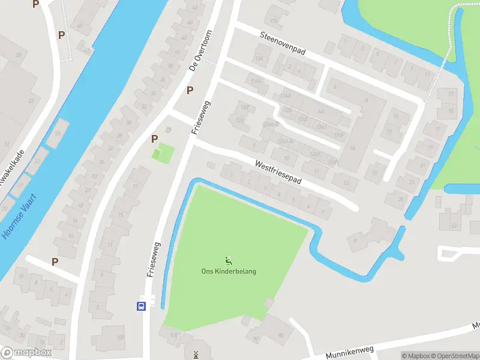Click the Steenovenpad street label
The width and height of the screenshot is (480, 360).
pyautogui.click(x=283, y=44)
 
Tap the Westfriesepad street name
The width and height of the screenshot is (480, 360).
pyautogui.click(x=278, y=172)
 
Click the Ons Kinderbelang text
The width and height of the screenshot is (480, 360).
pyautogui.click(x=229, y=271)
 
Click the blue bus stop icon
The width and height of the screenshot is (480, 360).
pyautogui.click(x=141, y=305)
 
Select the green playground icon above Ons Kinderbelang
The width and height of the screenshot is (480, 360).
pyautogui.click(x=228, y=260)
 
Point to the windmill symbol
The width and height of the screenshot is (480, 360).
pyautogui.click(x=195, y=355)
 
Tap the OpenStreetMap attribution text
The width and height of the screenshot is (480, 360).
pyautogui.click(x=457, y=355)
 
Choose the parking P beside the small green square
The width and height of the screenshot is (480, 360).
pyautogui.click(x=154, y=139)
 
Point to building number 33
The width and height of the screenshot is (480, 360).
pyautogui.click(x=31, y=100)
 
